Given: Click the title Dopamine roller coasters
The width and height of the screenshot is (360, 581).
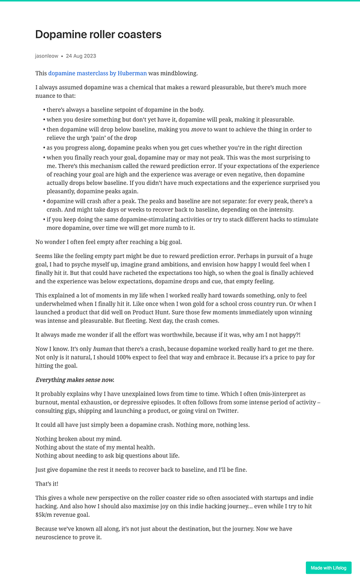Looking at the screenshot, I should click(x=98, y=35).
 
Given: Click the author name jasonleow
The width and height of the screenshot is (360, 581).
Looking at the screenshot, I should click(x=47, y=56).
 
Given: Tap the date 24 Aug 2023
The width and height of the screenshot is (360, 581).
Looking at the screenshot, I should click(x=81, y=56).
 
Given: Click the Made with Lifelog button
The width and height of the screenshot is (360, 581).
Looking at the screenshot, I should click(x=328, y=568).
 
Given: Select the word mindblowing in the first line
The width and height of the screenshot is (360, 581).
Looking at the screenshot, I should click(x=179, y=73).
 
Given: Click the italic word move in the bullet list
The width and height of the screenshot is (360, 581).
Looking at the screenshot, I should click(x=199, y=130).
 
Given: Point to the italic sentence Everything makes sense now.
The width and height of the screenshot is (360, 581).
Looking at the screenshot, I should click(x=75, y=379).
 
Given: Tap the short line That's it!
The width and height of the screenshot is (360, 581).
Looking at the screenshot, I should click(x=47, y=484).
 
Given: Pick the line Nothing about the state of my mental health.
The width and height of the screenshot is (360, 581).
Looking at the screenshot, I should click(x=95, y=447).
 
